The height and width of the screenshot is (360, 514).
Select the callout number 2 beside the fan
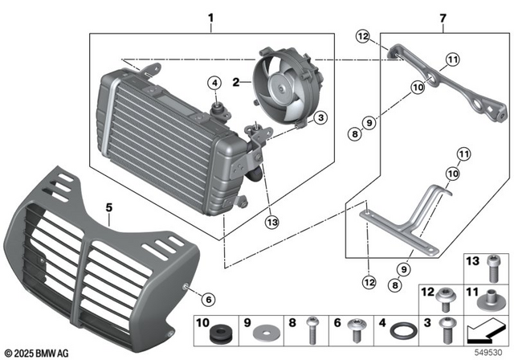[236, 81]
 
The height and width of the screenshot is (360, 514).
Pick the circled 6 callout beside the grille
[208, 300]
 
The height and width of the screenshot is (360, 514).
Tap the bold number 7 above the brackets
[443, 17]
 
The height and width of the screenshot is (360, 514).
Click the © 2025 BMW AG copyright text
[36, 351]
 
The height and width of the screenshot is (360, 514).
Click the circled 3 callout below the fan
[320, 118]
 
